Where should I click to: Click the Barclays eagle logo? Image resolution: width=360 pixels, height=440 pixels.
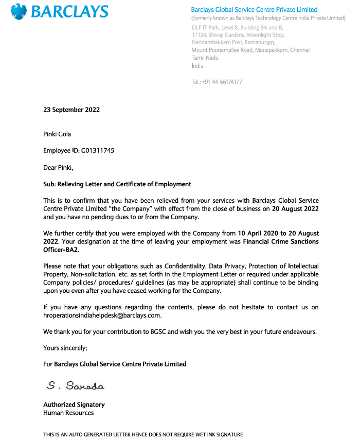[x=19, y=11]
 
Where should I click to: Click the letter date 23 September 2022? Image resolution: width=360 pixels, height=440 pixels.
[x=71, y=110]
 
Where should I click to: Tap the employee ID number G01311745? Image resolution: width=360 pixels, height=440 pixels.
[x=98, y=151]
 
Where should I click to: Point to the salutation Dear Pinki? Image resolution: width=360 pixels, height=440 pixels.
[x=58, y=167]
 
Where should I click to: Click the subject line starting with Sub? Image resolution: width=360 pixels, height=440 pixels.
[x=117, y=184]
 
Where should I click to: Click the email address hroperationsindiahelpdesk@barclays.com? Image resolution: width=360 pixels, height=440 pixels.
[x=102, y=315]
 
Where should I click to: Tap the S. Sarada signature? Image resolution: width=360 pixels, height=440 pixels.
[x=75, y=385]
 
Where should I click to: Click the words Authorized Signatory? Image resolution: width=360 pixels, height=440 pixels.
[x=74, y=404]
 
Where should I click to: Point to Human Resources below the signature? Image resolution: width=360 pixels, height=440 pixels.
[x=68, y=413]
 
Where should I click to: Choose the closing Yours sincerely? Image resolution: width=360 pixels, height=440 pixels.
[x=65, y=348]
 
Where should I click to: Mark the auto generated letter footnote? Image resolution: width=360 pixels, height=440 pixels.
[x=142, y=434]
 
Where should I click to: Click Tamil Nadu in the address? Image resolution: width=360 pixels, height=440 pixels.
[x=205, y=58]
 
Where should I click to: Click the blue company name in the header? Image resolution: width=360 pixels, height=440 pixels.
[x=254, y=10]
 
